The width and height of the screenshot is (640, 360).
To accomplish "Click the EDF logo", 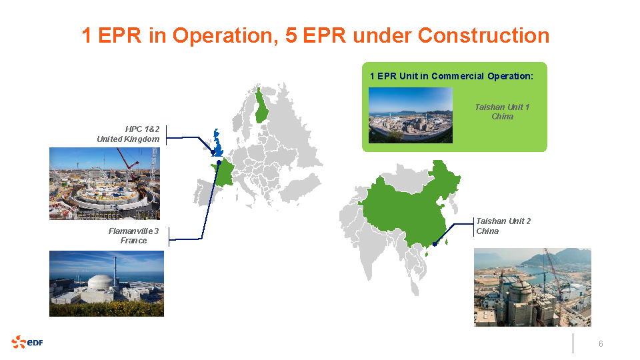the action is pos(27,342).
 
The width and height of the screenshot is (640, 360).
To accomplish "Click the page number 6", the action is pos(601,344).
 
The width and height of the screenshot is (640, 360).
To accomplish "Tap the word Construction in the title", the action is pos(483,35).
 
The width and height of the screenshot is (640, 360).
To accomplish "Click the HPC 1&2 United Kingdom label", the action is pos(128,134).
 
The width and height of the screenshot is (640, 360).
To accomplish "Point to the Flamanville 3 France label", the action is pos(133,235).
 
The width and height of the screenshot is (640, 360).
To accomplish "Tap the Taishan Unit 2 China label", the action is pos(503,226).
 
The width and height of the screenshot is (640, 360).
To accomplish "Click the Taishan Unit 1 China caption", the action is pos(502,111).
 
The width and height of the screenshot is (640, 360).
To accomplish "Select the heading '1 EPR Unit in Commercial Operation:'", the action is pos(451,76).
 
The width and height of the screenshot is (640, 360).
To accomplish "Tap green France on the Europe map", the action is pos(223,174).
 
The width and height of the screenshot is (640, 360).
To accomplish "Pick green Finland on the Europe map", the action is pos(261,106).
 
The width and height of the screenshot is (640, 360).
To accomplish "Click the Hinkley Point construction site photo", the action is pos(105,184).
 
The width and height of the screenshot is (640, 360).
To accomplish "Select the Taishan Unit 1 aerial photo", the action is pos(410,115).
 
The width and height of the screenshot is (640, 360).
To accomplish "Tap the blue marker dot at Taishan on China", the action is pos(435,244).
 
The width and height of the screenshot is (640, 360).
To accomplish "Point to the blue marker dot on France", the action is pos(219,163).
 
